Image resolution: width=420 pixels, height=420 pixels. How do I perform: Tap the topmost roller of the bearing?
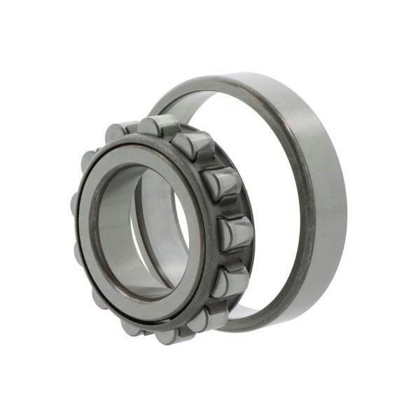(x=157, y=125)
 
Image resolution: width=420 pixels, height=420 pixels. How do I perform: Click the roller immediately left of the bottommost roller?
(x=132, y=326)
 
